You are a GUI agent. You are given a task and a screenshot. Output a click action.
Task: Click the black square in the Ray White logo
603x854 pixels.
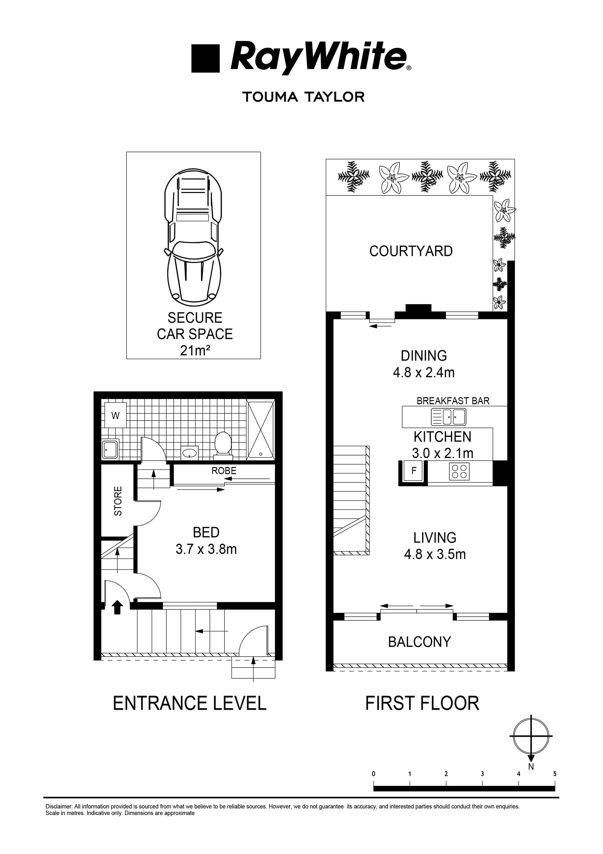(x=205, y=58)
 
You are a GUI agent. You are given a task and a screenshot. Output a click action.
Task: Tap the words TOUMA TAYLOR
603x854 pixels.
(x=303, y=97)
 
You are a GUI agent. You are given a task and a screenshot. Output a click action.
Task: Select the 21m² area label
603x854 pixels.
(x=195, y=350)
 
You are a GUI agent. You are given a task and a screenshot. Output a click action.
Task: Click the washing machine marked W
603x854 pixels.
(x=115, y=415)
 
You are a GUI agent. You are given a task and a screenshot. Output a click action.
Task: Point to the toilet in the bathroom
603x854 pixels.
(x=223, y=443)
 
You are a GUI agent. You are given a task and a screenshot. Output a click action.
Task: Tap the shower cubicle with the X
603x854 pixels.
(x=261, y=429)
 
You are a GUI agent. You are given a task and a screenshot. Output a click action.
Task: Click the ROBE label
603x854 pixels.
(x=224, y=471)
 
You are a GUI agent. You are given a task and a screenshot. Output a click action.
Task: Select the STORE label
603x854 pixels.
(x=118, y=501)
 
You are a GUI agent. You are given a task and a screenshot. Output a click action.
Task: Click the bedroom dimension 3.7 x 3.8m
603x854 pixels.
(x=206, y=549)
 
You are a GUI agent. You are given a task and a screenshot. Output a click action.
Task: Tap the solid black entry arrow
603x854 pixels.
(x=117, y=607)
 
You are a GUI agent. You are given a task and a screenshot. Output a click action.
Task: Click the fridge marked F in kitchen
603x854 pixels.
(x=413, y=471)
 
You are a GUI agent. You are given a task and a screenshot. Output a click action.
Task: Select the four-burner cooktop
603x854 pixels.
(x=459, y=471)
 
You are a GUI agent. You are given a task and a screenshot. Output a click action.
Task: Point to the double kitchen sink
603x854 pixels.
(x=448, y=417)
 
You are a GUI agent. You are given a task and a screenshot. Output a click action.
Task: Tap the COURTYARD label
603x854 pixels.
(x=411, y=251)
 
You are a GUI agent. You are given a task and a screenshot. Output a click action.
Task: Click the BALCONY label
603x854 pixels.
(x=419, y=642)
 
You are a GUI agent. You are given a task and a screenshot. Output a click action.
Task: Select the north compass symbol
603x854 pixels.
(x=530, y=736)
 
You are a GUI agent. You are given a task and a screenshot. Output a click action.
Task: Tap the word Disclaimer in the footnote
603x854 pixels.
(x=59, y=807)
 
